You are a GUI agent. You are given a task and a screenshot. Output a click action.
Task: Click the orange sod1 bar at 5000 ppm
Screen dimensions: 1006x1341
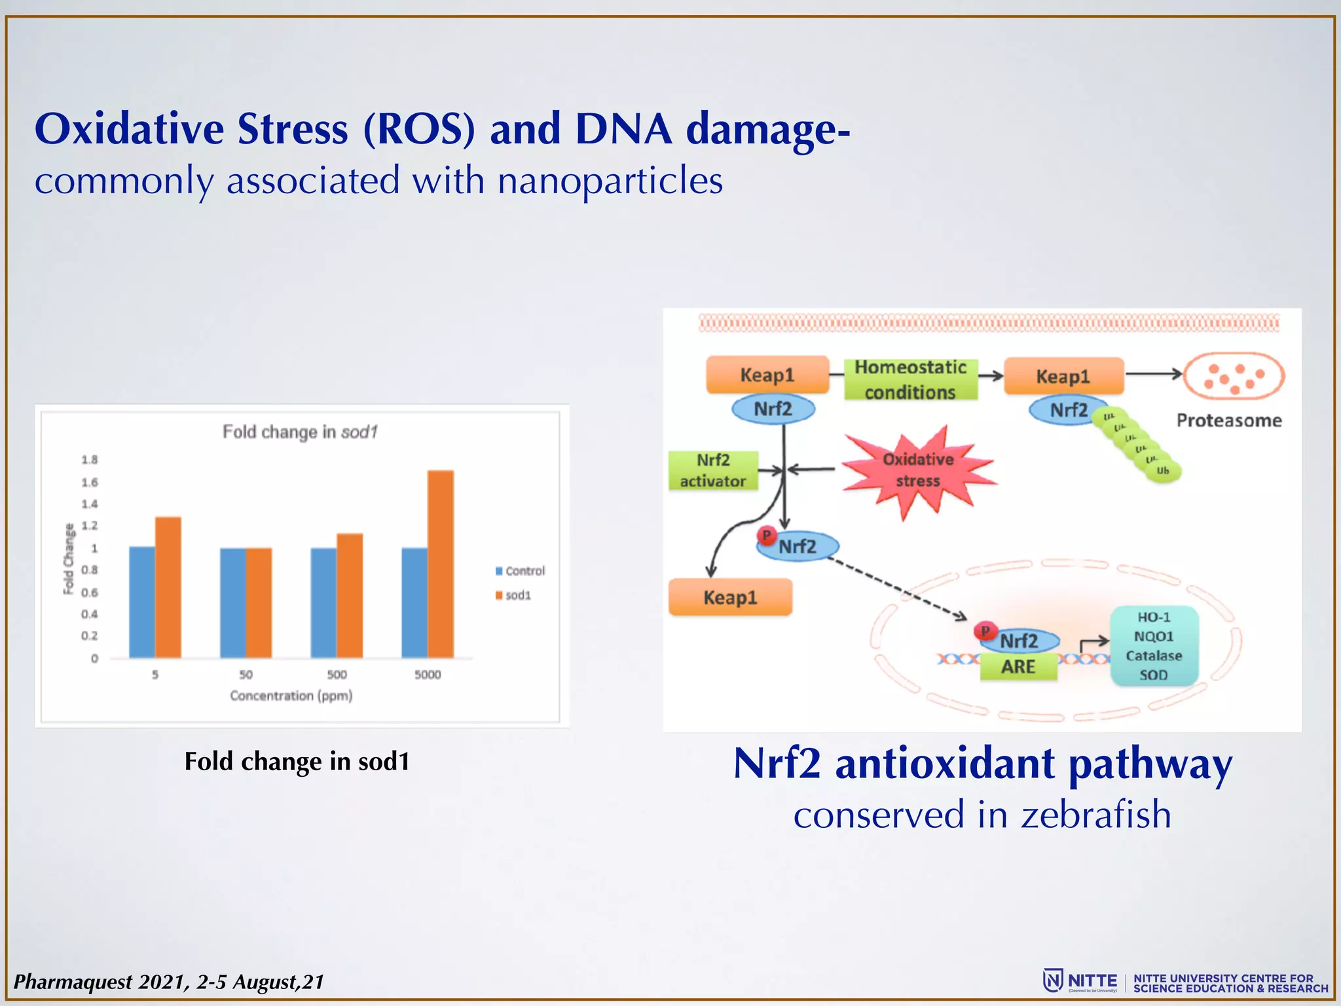tap(440, 564)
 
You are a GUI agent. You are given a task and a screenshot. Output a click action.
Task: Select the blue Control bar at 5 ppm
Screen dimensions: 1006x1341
tap(142, 602)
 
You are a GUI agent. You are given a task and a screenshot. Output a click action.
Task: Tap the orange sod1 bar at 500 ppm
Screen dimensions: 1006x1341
tap(350, 595)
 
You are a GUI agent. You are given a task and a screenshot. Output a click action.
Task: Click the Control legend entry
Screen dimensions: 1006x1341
tap(521, 571)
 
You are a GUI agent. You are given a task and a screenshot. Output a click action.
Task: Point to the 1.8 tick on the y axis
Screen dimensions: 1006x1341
tap(90, 460)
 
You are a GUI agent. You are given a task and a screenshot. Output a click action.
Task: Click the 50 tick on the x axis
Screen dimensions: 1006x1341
tap(246, 675)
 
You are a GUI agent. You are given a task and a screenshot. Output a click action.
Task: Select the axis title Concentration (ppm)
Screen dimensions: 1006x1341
tap(291, 696)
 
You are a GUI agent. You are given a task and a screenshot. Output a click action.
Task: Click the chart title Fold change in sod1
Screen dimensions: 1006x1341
tap(300, 432)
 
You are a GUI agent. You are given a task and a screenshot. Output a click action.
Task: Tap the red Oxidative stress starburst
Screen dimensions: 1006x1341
tap(918, 470)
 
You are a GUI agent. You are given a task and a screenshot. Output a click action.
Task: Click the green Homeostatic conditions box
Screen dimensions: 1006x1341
tap(910, 379)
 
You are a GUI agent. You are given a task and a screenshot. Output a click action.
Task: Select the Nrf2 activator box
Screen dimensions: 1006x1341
tap(712, 470)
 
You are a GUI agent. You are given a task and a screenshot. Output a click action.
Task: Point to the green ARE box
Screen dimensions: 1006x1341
tap(1018, 667)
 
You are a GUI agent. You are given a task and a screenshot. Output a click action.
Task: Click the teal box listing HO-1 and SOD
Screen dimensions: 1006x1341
tap(1154, 646)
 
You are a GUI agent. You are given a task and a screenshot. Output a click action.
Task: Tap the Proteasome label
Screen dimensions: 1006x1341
tap(1229, 420)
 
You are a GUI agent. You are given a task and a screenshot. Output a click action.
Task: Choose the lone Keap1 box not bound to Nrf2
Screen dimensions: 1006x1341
tap(730, 597)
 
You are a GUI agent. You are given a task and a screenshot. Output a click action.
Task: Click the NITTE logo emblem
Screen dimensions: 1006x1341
tap(1052, 980)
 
